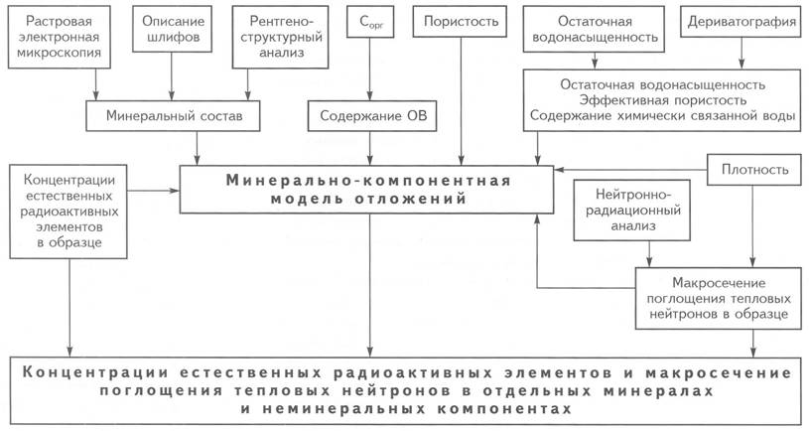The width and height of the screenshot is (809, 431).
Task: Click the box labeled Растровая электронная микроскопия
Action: [x=60, y=37]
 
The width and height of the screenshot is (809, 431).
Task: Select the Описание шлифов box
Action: [x=173, y=29]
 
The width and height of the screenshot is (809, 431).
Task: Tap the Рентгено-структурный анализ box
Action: [x=281, y=37]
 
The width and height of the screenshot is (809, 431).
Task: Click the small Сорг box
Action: [x=370, y=22]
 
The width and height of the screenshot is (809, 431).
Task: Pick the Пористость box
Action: [x=462, y=22]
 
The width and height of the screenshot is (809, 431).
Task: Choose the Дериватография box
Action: [x=742, y=22]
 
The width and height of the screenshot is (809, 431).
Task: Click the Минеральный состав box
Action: [x=173, y=115]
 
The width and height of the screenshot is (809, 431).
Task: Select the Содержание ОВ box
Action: [x=372, y=115]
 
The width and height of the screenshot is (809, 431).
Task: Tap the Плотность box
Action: [x=754, y=169]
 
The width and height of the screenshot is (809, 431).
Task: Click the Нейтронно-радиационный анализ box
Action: [x=632, y=211]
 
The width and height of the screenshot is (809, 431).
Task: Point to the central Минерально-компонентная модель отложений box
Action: [x=367, y=190]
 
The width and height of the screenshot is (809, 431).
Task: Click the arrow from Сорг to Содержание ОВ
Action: [x=370, y=70]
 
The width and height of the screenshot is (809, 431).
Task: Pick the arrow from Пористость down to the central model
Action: [x=462, y=101]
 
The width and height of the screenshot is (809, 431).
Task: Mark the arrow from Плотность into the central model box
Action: [x=630, y=169]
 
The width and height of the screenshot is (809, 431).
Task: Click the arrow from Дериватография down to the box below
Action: [x=742, y=54]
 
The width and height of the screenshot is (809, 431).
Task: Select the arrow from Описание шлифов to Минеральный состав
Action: [x=173, y=76]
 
